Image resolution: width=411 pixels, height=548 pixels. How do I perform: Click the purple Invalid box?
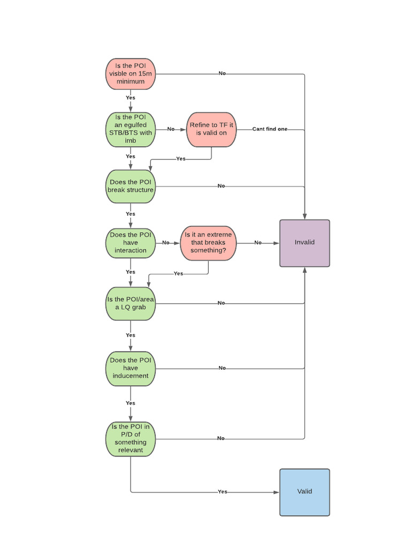[305, 242]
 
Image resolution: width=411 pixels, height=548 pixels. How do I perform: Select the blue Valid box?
[305, 492]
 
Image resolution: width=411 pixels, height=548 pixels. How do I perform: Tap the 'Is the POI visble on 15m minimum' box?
[131, 73]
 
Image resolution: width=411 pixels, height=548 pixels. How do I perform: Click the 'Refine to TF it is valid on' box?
[211, 129]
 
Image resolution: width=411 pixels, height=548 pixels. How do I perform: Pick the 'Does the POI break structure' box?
[131, 186]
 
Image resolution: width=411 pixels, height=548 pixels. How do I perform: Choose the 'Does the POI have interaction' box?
[131, 243]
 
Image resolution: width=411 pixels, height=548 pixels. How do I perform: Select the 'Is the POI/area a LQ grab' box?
[131, 303]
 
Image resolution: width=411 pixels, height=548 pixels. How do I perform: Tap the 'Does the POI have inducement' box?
[131, 368]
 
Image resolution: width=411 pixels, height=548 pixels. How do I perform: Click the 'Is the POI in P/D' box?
[131, 438]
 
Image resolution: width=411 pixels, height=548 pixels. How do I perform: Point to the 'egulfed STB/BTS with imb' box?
[131, 129]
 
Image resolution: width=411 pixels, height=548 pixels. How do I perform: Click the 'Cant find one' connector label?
[270, 130]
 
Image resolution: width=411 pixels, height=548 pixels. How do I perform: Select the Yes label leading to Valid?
[223, 492]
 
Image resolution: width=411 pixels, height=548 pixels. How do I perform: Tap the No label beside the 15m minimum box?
[222, 73]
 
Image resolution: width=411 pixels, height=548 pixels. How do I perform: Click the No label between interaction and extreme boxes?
[166, 243]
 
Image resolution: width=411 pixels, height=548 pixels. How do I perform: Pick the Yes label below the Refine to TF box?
[181, 159]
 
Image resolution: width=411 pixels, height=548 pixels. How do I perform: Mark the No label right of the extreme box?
[258, 243]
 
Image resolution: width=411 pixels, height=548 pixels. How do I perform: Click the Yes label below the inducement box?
[131, 403]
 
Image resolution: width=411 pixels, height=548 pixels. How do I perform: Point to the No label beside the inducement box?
[222, 368]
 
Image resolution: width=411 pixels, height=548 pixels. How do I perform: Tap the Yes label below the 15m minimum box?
[131, 98]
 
